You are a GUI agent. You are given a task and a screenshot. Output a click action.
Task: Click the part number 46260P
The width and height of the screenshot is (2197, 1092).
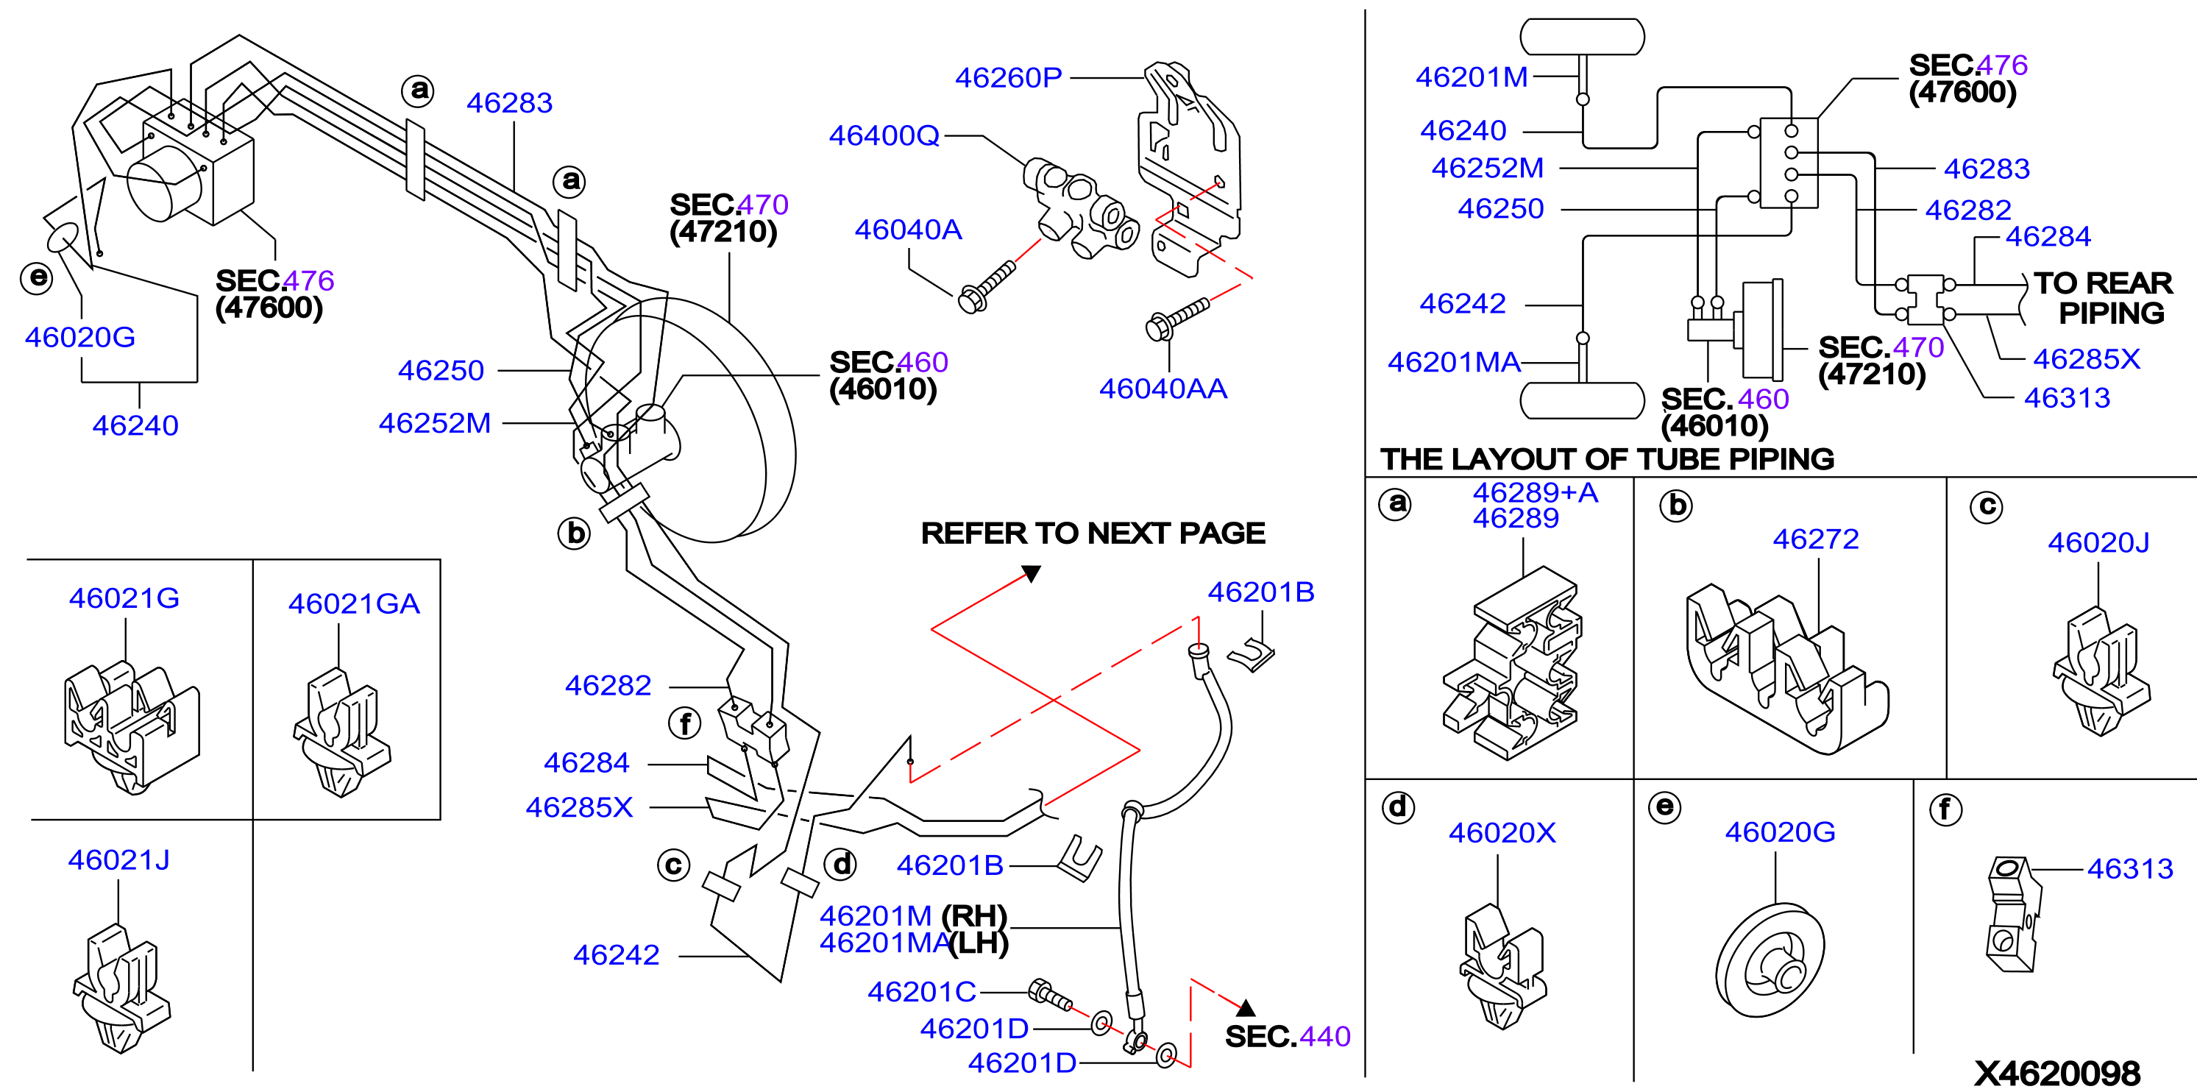point(1008,78)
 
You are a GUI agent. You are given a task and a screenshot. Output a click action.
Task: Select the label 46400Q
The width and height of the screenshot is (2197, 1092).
point(884,135)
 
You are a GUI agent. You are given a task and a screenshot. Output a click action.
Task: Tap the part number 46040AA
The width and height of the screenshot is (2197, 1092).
point(1163,389)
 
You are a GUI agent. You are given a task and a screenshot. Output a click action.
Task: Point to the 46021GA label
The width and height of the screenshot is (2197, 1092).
point(354,603)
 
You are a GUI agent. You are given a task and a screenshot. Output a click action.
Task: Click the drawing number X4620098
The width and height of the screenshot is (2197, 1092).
point(2057,1072)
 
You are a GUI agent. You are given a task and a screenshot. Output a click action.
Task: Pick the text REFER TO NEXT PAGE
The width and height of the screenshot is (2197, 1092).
point(1093,533)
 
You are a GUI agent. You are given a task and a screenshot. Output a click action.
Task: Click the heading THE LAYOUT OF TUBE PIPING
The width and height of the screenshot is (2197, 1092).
point(1607,459)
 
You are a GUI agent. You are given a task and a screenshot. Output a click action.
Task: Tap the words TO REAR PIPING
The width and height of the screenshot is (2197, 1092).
point(2103,298)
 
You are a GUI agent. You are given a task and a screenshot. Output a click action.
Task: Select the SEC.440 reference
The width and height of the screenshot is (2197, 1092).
point(1288,1035)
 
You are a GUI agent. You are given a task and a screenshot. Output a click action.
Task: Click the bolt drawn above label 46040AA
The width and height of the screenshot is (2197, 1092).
point(1178,318)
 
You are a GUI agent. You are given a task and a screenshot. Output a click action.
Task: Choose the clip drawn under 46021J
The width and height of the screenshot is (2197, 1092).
point(121,988)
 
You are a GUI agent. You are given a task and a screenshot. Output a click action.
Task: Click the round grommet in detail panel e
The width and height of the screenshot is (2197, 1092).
point(1770,960)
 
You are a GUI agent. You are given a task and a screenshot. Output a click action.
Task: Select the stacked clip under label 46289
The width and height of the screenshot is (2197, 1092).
point(1511,663)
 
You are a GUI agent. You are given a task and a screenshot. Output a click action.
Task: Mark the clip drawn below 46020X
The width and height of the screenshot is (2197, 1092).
point(1502,967)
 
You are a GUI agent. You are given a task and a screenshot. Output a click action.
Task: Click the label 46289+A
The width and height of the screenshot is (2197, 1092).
point(1535,492)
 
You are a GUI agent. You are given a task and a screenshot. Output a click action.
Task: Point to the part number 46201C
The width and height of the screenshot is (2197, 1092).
point(921,991)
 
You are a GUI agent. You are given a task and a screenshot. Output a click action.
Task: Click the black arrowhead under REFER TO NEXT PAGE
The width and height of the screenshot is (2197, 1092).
point(1031,573)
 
